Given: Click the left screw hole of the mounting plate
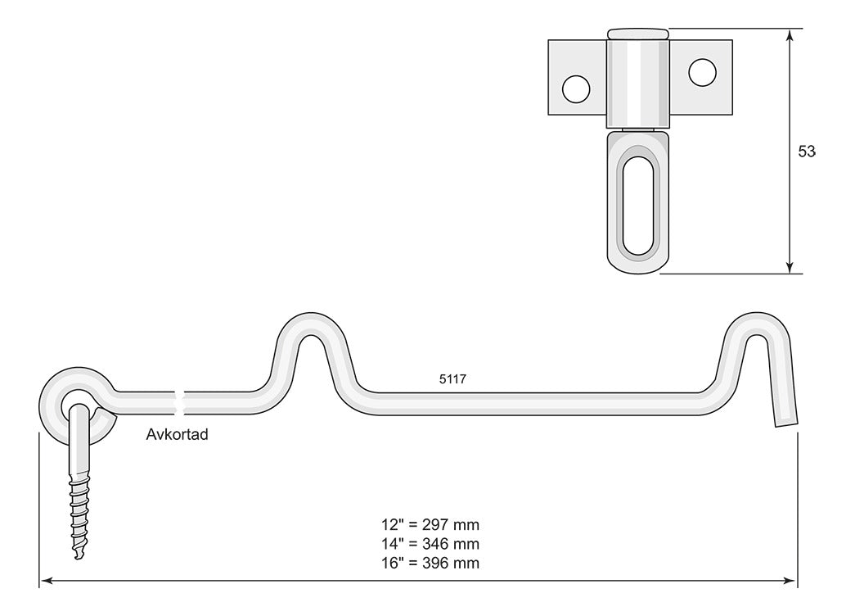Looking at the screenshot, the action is coord(576,88).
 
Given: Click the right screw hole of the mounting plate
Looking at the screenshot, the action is coord(702,72).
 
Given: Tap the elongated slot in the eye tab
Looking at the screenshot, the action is coord(638,206).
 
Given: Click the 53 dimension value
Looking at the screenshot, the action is coord(807,152).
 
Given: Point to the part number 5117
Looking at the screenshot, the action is coord(452,379).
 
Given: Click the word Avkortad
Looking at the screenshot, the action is coord(178,435).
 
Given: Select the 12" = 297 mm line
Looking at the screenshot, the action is coord(430,525).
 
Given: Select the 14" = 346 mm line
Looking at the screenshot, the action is coord(430,544).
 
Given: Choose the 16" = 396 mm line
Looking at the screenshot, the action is coord(430,563).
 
